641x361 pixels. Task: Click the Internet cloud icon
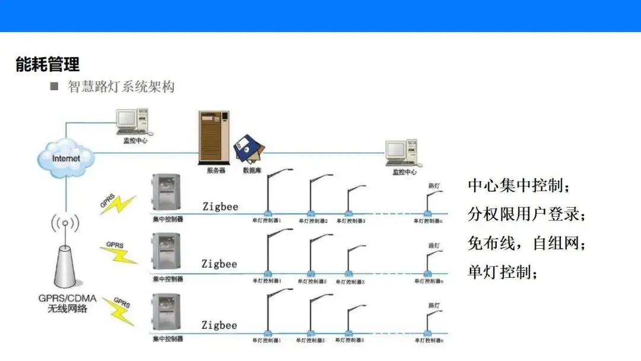(66, 159)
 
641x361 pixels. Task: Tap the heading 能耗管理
(47, 64)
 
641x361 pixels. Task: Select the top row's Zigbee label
(220, 207)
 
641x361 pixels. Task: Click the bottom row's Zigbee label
(219, 325)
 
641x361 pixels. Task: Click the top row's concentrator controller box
(167, 193)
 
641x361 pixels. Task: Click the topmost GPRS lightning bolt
(118, 203)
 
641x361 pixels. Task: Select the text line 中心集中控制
(519, 185)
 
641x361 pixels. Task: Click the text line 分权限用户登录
(526, 214)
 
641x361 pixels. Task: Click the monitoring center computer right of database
(401, 153)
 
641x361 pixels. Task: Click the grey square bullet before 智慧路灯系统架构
(55, 87)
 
